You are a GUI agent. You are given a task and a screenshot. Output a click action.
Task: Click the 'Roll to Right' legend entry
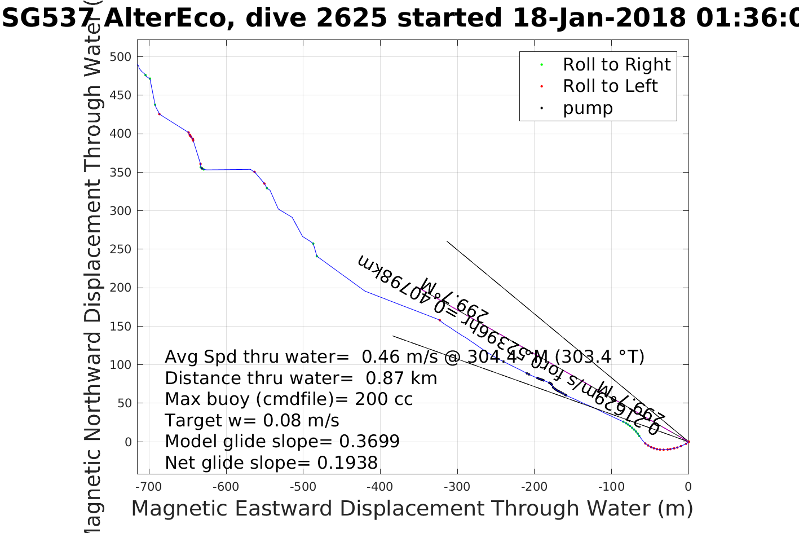tap(616, 65)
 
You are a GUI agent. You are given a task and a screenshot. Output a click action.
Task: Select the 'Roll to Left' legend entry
tap(610, 86)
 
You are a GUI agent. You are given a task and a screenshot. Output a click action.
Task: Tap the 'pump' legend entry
tap(588, 108)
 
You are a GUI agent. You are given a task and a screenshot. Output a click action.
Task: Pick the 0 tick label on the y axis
tap(127, 442)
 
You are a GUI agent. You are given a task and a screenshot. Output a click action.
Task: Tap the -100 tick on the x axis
tap(611, 486)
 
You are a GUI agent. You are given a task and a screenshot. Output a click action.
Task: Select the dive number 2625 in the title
tap(351, 18)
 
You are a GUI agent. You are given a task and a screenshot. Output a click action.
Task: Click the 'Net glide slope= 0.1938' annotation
tap(271, 463)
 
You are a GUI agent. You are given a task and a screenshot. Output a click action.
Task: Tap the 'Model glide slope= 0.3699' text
tap(282, 442)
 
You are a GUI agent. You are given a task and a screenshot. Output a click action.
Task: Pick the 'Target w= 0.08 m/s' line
tap(252, 421)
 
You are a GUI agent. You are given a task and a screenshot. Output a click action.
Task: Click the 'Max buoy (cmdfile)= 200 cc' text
tap(289, 399)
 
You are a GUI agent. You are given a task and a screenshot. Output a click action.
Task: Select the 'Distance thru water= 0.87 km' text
tap(301, 378)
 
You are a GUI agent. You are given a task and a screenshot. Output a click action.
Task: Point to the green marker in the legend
tap(541, 65)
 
